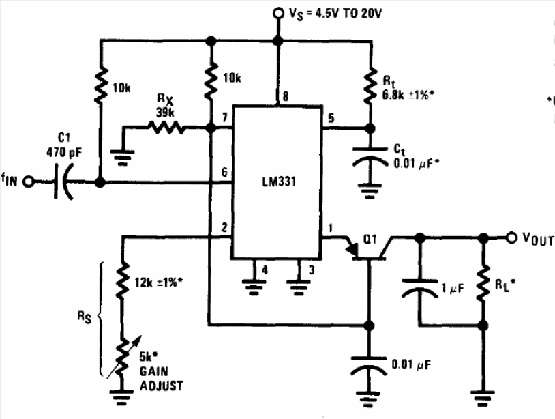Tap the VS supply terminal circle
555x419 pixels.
click(x=277, y=12)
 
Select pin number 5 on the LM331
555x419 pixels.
click(x=331, y=117)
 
